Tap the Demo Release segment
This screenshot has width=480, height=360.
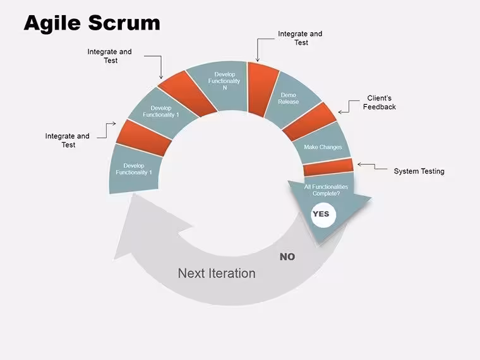[x=290, y=99]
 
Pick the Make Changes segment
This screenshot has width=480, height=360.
[x=322, y=145]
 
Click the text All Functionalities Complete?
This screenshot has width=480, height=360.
[x=326, y=190]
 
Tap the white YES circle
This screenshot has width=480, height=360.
[x=323, y=214]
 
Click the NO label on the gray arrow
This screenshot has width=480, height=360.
[x=287, y=257]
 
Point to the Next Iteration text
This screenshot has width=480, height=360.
[x=217, y=273]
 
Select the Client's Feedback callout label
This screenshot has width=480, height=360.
[x=380, y=102]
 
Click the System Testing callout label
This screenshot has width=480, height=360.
[x=419, y=171]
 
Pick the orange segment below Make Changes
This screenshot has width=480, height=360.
[x=328, y=167]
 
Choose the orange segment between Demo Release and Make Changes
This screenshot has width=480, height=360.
[x=310, y=122]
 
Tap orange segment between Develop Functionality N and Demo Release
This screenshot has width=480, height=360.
[x=262, y=89]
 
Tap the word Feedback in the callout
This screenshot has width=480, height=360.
[x=380, y=107]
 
